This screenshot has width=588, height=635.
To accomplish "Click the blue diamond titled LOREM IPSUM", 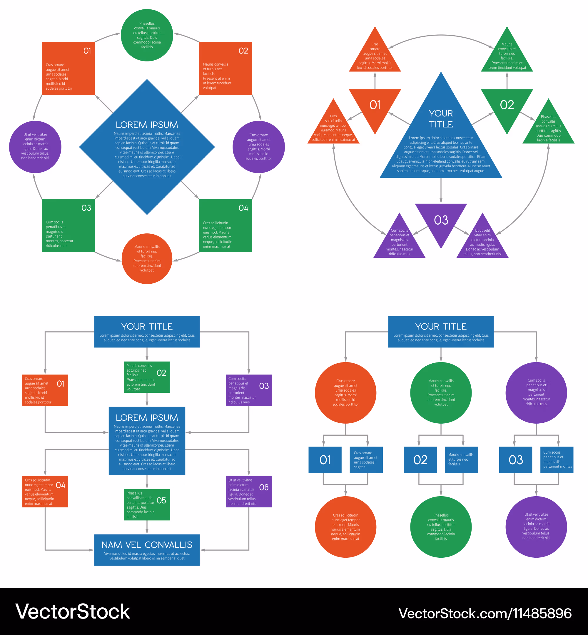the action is point(147,147).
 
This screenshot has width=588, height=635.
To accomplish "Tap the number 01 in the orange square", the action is point(87,51).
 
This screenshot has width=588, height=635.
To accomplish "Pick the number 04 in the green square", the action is point(243,208).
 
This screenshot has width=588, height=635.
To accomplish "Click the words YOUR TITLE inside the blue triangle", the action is point(441,119).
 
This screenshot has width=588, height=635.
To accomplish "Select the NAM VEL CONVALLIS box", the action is point(147,550).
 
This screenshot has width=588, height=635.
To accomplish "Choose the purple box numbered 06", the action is point(248,492).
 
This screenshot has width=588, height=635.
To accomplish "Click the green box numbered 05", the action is point(147,504).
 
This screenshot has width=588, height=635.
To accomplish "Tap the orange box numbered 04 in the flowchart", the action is point(45,492).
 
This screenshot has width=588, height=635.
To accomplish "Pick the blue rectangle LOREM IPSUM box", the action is point(147,441).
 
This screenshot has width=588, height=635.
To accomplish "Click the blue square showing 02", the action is point(420,460).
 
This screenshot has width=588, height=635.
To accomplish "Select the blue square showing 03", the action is point(515,460).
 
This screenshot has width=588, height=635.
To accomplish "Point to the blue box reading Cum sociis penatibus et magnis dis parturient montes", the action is point(557,460).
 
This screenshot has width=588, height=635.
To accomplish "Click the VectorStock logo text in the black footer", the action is point(73,612).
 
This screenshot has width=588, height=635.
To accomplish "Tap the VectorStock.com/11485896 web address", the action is point(485,613).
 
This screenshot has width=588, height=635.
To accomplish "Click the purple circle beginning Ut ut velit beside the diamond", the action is point(35,147).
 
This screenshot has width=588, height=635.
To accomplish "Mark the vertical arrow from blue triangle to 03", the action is point(441,190).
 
